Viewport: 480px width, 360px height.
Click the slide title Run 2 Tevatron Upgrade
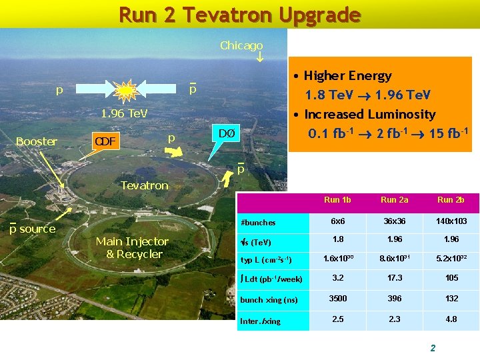click(239, 14)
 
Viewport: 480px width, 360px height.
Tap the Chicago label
click(241, 45)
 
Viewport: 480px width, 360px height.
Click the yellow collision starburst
click(125, 89)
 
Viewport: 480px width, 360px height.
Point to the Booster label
click(37, 141)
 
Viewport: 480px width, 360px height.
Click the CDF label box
click(105, 141)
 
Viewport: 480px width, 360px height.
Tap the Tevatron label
click(144, 185)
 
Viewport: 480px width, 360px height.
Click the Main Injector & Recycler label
click(132, 247)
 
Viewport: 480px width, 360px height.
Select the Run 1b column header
click(337, 200)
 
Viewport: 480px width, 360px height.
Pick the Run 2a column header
click(395, 200)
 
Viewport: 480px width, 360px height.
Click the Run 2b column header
click(451, 200)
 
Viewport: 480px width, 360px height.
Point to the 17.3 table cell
click(395, 279)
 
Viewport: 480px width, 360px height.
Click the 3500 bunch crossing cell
click(337, 299)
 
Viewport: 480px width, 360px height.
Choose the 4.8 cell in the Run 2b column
click(451, 319)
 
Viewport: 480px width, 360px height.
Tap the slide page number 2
click(433, 348)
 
